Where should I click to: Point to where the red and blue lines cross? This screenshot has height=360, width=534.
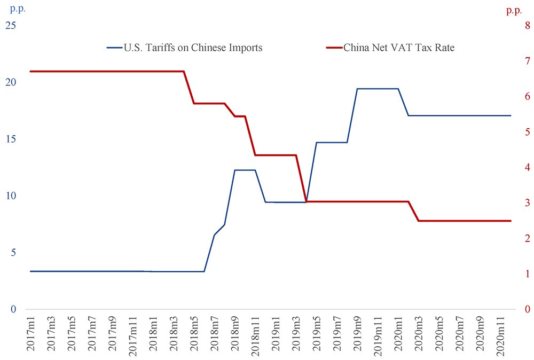307,202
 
